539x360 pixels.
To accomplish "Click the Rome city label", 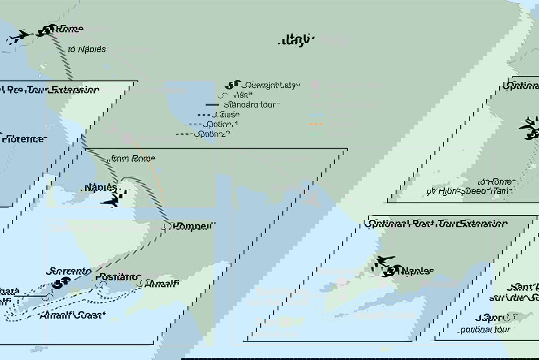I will [70, 29].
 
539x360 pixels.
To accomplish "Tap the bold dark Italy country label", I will [296, 40].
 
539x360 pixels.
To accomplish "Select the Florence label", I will [23, 139].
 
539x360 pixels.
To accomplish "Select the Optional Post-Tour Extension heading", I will [438, 223].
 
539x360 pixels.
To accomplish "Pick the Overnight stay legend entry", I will [271, 85].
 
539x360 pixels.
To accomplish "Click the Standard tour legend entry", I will [250, 105].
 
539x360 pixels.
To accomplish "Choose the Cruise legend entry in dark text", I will [226, 114].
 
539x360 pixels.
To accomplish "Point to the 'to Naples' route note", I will [87, 49].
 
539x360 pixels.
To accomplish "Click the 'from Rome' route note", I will [132, 158].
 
